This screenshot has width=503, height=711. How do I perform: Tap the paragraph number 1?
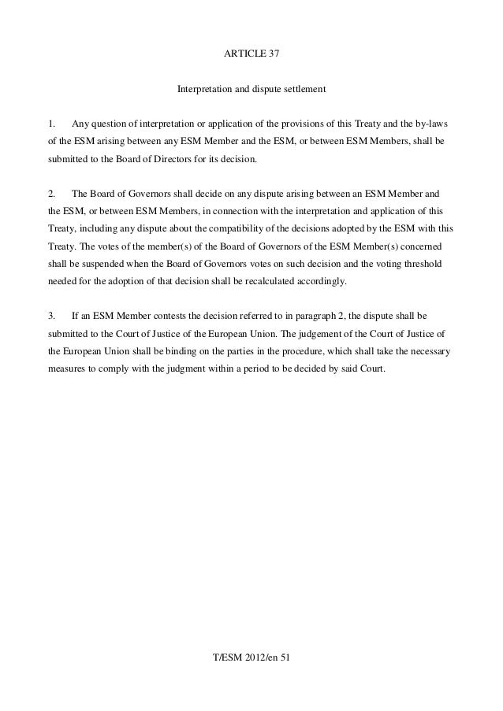pos(51,125)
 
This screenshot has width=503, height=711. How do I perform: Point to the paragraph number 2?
pos(51,194)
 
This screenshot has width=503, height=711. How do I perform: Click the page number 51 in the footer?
pos(286,657)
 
